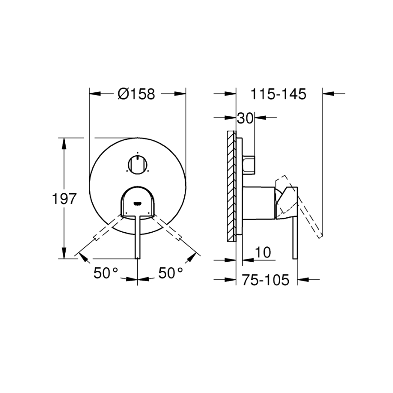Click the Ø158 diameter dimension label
point(136,94)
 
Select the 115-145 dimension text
point(279,94)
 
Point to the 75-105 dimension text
point(265,280)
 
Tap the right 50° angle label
point(171,273)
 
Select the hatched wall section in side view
point(231,186)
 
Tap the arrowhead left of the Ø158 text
point(94,94)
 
